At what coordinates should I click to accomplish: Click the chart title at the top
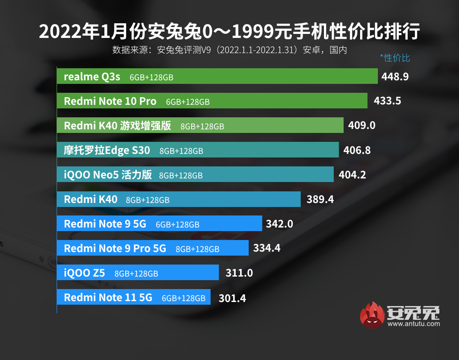[x=229, y=32]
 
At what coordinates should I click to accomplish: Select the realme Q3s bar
[x=217, y=76]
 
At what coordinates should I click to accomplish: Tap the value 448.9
[x=395, y=76]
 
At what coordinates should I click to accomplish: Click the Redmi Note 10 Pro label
[x=110, y=101]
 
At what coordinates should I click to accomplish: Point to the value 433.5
[x=387, y=101]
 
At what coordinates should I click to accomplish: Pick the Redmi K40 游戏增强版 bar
[x=200, y=126]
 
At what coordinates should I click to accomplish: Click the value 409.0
[x=362, y=125]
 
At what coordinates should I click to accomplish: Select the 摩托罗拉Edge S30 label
[x=107, y=150]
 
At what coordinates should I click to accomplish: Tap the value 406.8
[x=357, y=150]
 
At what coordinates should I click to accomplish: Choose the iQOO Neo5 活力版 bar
[x=195, y=175]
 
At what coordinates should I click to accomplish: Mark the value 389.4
[x=320, y=199]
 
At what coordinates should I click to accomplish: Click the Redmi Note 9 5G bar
[x=159, y=224]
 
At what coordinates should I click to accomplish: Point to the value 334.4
[x=266, y=248]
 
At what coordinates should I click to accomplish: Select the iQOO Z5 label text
[x=84, y=273]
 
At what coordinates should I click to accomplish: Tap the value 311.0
[x=239, y=273]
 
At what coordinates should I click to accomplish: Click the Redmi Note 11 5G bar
[x=133, y=297]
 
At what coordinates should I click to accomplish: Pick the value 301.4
[x=232, y=298]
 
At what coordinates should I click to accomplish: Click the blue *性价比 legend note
[x=395, y=58]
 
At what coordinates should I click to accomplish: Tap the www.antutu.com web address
[x=414, y=324]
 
